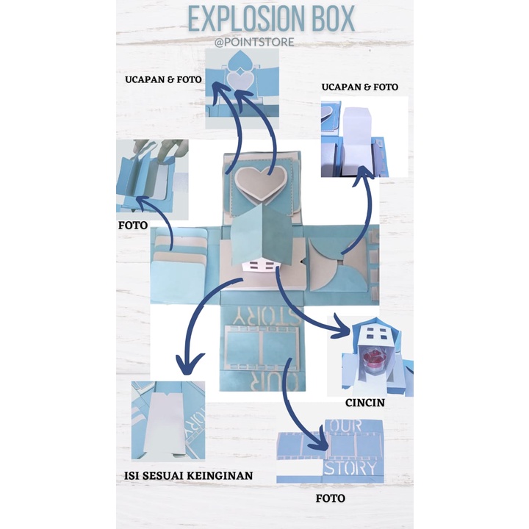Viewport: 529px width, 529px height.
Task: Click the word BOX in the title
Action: click(x=330, y=20)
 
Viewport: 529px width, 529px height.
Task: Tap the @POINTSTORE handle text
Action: click(x=254, y=42)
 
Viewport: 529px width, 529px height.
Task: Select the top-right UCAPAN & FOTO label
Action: click(x=360, y=87)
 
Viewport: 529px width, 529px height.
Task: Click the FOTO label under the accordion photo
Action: click(x=133, y=225)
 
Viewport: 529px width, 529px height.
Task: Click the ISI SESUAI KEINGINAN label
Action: click(x=188, y=475)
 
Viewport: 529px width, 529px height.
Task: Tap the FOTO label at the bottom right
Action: click(x=330, y=498)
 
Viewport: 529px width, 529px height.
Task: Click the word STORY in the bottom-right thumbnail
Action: click(x=352, y=467)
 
